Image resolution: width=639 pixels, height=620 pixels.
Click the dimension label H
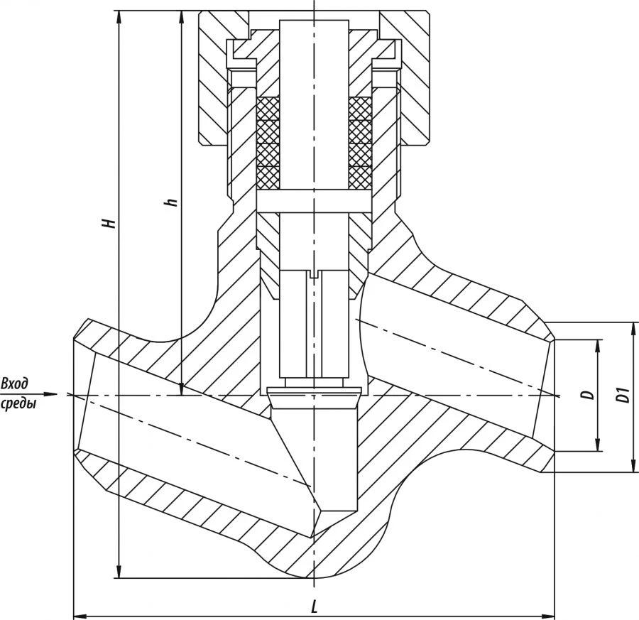(x=109, y=222)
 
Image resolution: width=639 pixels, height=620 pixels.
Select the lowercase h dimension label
(x=170, y=202)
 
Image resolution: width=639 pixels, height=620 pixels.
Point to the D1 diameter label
(x=623, y=395)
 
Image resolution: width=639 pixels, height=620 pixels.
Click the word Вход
(x=15, y=384)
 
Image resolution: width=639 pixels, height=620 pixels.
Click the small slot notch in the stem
(x=315, y=272)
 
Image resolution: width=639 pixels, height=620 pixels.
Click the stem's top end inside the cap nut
(x=315, y=23)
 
